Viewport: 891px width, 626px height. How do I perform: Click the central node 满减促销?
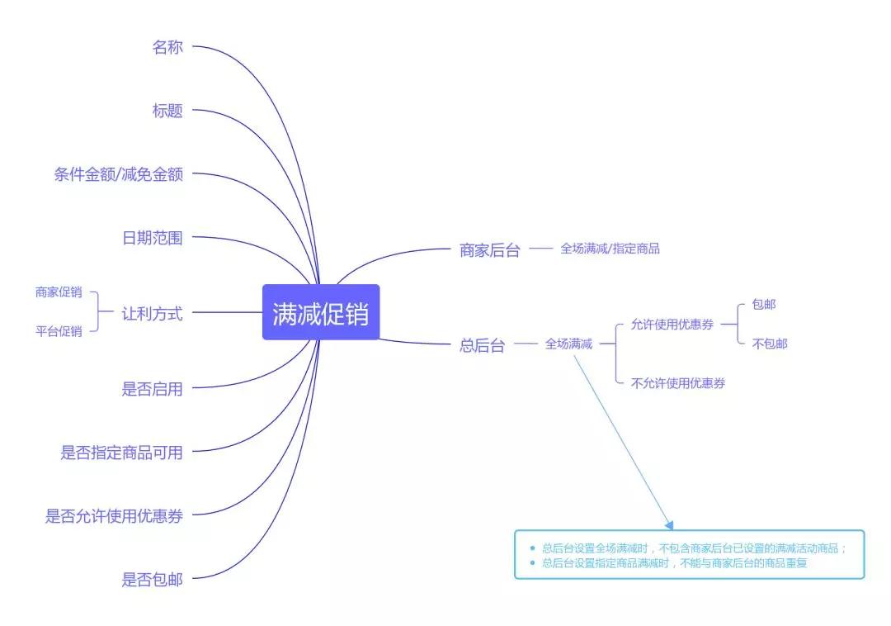point(320,312)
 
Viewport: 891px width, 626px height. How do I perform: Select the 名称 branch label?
point(167,46)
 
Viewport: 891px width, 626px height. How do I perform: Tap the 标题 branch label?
point(167,111)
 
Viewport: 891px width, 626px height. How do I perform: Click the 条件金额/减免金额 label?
point(118,174)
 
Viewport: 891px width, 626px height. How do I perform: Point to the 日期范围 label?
point(153,238)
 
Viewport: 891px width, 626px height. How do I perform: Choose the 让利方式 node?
point(153,313)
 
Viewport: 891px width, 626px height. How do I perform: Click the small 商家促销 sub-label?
point(59,292)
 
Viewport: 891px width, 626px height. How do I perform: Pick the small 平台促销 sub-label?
point(59,331)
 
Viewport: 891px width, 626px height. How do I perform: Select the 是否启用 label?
point(153,389)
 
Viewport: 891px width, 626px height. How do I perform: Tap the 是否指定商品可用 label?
point(121,453)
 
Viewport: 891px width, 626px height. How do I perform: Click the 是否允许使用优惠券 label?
point(114,515)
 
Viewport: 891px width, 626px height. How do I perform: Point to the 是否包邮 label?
point(153,580)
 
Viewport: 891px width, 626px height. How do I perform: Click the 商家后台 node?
point(490,250)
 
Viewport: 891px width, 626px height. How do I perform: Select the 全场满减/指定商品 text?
point(610,249)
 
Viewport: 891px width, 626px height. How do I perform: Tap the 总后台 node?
point(482,345)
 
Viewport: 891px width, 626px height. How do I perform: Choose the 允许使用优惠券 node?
point(672,325)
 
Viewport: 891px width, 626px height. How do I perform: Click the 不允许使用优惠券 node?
point(678,383)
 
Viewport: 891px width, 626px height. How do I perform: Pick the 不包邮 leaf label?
point(770,344)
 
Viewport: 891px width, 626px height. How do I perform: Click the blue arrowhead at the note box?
point(669,525)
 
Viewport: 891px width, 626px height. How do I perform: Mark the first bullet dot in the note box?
point(532,548)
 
